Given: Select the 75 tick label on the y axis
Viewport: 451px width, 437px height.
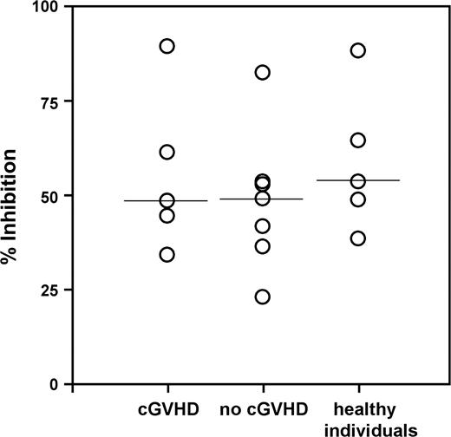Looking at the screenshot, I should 53,101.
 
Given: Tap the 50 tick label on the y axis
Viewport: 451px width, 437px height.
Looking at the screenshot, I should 53,196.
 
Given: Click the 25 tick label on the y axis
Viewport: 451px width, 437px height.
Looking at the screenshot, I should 53,290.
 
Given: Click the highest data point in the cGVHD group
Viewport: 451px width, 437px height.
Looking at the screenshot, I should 167,46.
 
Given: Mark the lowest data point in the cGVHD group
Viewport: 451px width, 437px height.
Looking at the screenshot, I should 167,254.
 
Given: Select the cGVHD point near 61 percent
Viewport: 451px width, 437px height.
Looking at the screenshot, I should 167,152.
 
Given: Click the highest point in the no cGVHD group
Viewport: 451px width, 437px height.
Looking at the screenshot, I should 263,72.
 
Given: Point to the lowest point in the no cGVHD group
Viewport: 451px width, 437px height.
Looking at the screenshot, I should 263,297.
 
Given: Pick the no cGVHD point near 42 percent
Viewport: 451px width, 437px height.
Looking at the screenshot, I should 263,225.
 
